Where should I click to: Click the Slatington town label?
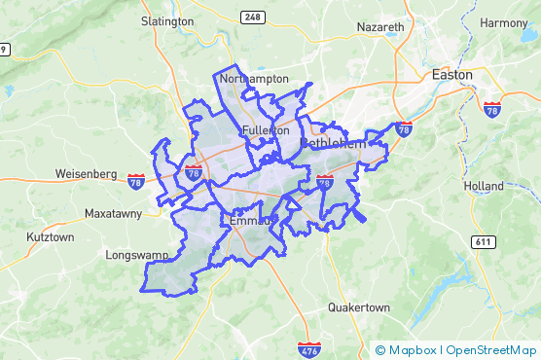coord(167,19)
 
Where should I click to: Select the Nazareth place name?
coord(380,26)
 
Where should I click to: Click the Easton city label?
coord(451,74)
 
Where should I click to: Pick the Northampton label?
coord(255,78)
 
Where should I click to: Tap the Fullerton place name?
coord(266,130)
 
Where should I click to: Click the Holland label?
coord(484,186)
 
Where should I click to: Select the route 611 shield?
coord(483,240)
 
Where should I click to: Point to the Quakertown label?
coord(358,307)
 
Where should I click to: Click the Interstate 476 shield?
coord(308,346)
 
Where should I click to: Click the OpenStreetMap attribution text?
coord(490,350)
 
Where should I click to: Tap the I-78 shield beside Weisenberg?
coord(136,179)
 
